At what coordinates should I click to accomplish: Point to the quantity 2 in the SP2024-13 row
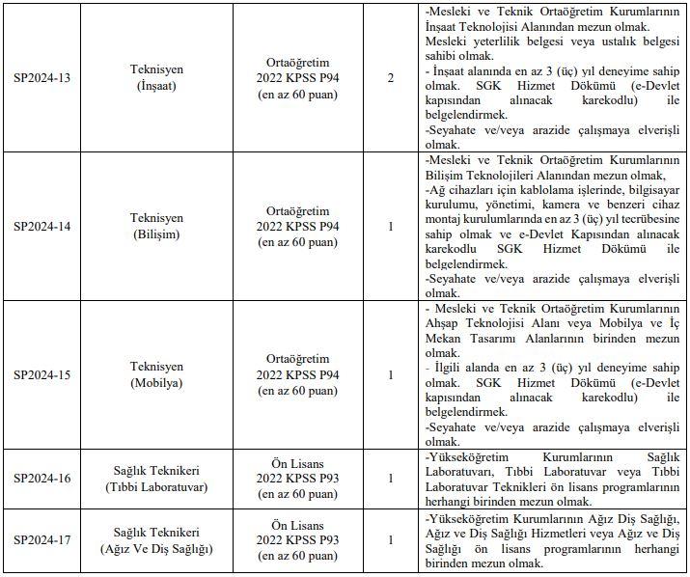390,77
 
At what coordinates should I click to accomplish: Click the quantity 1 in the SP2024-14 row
390,226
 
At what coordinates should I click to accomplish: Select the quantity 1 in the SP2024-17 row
390,540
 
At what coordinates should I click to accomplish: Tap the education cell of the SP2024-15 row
298,374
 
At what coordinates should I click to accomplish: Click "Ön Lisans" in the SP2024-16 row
298,461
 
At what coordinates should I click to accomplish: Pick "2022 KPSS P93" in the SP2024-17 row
298,540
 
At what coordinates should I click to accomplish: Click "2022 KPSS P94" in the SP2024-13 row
298,77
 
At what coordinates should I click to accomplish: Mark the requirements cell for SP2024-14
552,226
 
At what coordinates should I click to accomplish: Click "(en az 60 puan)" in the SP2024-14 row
298,242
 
